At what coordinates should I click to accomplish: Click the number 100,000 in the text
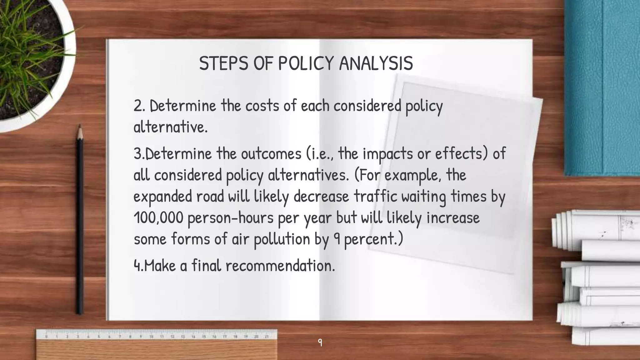click(158, 217)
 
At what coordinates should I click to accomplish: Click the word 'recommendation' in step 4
click(280, 266)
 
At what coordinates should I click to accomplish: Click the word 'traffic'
click(375, 196)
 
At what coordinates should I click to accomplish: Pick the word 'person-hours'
click(231, 217)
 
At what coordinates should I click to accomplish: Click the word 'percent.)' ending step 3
click(373, 239)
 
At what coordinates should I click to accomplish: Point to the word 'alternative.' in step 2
click(170, 127)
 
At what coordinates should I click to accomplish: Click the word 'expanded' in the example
click(162, 196)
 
